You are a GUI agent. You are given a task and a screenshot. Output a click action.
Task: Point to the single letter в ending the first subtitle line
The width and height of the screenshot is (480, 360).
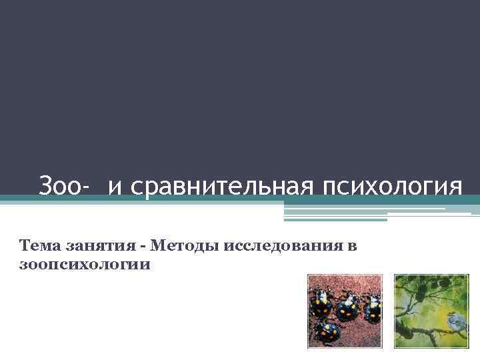coord(352,247)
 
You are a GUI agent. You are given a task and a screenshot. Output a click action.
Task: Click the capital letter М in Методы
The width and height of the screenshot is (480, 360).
coord(158,247)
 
